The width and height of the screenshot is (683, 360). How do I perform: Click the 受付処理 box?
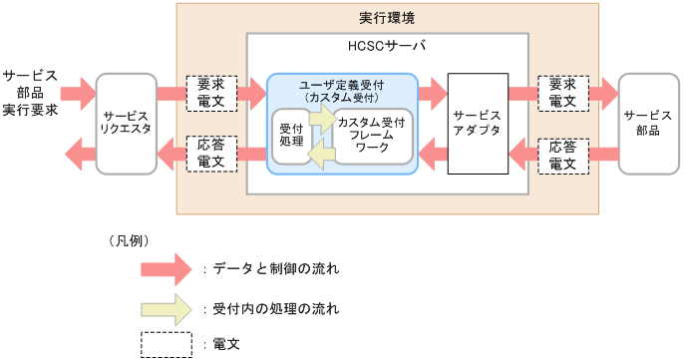291,136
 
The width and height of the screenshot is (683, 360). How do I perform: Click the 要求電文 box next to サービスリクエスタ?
210,93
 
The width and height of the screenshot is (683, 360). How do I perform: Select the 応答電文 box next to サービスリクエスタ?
210,154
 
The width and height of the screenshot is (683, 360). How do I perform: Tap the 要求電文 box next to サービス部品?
562,93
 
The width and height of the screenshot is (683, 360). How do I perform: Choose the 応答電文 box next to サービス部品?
562,154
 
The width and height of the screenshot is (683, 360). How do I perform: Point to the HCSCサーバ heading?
388,47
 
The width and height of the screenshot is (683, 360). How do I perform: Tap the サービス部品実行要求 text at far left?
29,93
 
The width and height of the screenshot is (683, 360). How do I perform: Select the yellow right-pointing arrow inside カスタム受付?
323,118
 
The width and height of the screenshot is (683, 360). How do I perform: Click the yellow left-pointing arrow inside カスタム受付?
321,155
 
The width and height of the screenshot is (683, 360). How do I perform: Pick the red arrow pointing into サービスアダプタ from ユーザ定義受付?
432,93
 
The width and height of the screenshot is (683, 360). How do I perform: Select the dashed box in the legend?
166,344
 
